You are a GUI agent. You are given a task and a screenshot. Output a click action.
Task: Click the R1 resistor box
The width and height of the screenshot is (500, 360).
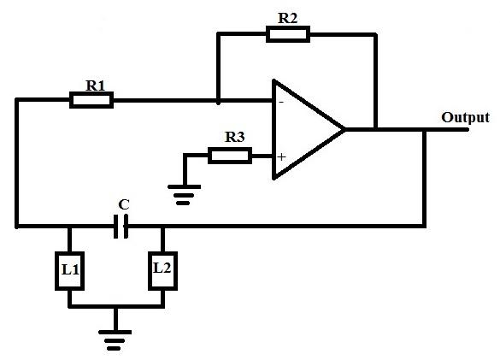point(91,100)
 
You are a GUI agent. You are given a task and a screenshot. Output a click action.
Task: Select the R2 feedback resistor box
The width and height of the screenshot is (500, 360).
point(288,34)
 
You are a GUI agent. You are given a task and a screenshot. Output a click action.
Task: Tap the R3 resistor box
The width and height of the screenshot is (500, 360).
point(230,156)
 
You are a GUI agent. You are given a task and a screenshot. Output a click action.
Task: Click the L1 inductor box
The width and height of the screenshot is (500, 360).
point(70,271)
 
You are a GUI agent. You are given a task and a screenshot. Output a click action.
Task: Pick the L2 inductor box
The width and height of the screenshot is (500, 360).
point(163,271)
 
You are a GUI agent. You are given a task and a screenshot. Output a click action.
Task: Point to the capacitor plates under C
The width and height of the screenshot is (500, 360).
point(121,227)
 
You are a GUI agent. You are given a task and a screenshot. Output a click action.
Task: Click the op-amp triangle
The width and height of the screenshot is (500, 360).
point(309,130)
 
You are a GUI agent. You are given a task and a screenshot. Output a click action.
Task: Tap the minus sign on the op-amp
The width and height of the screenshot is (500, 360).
point(281,102)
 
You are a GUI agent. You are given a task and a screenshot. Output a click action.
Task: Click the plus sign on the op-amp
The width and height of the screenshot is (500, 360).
point(281,157)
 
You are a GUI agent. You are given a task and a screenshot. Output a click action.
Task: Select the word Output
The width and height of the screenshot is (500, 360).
point(465,117)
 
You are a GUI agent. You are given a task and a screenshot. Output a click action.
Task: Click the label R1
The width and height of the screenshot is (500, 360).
point(96,86)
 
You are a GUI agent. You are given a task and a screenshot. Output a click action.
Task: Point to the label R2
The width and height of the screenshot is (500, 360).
point(288,18)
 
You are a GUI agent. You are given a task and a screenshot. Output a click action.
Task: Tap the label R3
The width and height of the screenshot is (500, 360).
point(235,137)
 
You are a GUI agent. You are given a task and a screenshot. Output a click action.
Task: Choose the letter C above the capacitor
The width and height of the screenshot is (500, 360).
point(124,204)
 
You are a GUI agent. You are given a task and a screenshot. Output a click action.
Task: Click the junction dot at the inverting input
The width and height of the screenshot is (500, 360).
point(218,102)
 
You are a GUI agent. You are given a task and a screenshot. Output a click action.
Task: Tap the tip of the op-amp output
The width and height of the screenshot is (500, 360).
point(345,130)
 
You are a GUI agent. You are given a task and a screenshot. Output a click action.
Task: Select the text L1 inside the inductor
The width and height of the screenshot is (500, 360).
point(70,269)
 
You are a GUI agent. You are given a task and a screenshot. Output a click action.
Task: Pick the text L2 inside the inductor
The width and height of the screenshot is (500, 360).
point(162,268)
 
